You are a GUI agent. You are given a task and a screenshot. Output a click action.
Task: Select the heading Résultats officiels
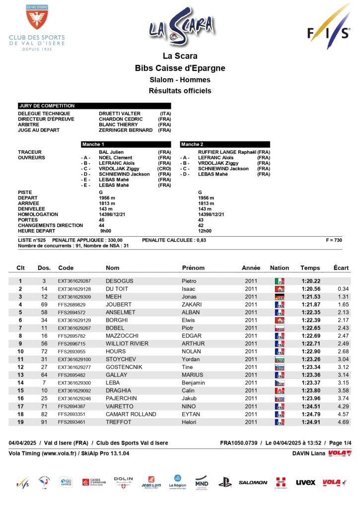coord(180,91)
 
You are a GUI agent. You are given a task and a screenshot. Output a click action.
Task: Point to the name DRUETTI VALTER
coord(120,114)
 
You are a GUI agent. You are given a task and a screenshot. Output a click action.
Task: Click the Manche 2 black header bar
coord(225,144)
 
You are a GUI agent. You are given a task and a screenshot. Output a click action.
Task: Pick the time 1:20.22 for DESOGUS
coord(310,281)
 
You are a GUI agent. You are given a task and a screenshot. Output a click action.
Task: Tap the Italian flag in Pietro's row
coord(280,281)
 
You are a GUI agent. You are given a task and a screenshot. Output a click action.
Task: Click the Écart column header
coord(341,268)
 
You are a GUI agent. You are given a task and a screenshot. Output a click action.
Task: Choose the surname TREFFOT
coord(119,422)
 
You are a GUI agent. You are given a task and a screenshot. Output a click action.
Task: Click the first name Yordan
coord(192,359)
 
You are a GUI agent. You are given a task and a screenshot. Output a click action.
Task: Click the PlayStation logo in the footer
coord(225,481)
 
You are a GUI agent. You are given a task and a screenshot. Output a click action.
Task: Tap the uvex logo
coord(305,482)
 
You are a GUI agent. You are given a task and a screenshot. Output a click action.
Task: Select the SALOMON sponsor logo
coord(253,482)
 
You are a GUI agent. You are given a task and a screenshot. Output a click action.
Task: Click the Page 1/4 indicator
coord(340,443)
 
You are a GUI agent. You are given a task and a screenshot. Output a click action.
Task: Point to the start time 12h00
coord(205,231)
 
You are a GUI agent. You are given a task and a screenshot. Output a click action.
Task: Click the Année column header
coord(251,268)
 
